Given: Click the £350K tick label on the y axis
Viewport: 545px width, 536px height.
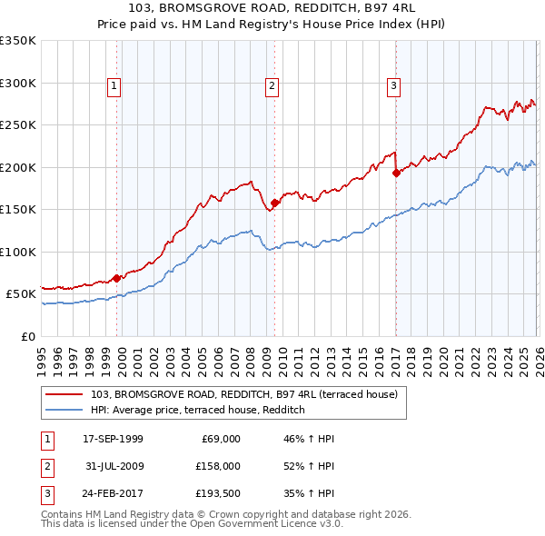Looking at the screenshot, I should coord(18,41).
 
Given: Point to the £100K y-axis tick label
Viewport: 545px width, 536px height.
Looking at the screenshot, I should coord(18,252).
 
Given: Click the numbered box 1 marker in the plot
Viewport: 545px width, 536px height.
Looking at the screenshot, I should coord(114,86).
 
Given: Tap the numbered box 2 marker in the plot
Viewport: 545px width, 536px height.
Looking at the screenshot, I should coord(272,86).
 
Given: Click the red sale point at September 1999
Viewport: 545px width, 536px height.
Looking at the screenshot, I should coord(117,278).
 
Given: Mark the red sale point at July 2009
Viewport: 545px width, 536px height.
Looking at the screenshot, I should coord(275,203).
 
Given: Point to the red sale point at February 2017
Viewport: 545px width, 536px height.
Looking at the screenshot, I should coord(396,173).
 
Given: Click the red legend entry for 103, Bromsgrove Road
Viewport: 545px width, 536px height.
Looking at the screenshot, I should coord(243,394).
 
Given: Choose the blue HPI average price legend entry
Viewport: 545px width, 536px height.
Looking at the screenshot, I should coord(197,410).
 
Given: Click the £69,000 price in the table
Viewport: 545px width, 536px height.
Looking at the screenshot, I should coord(219,439).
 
